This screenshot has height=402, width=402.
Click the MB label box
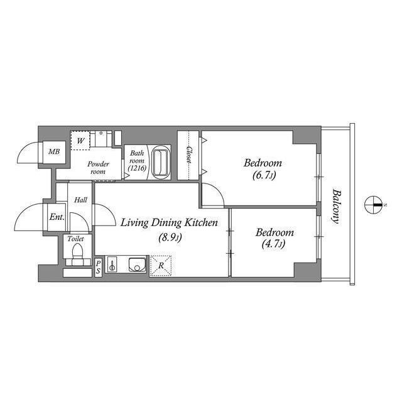pyautogui.click(x=55, y=151)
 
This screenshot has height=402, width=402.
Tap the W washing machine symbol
pyautogui.click(x=80, y=141)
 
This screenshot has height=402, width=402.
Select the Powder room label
pyautogui.click(x=98, y=168)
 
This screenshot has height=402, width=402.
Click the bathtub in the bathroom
pyautogui.click(x=162, y=161)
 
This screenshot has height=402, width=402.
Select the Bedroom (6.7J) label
pyautogui.click(x=263, y=168)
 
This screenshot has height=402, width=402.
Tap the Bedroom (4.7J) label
pyautogui.click(x=274, y=237)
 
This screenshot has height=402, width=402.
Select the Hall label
pyautogui.click(x=80, y=200)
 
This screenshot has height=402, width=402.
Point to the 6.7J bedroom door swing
pyautogui.click(x=214, y=196)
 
